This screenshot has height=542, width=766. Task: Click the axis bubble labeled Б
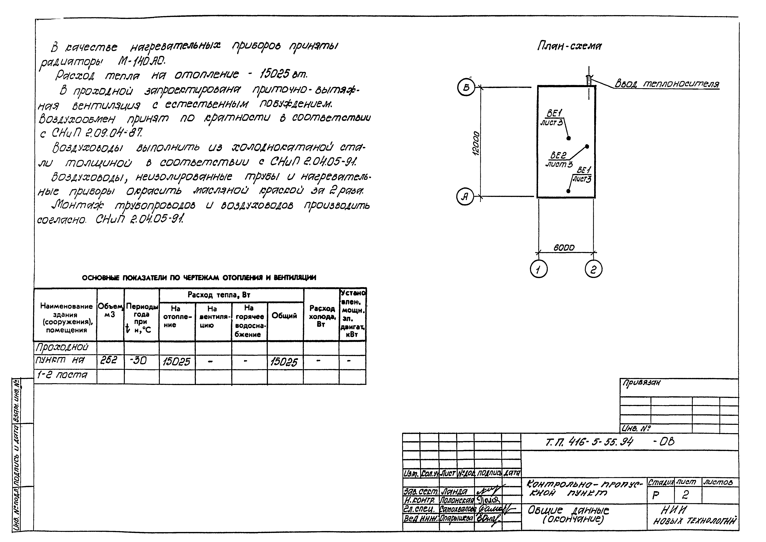click(x=466, y=87)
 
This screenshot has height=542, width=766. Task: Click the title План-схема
click(x=569, y=46)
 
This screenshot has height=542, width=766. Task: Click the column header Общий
click(x=284, y=316)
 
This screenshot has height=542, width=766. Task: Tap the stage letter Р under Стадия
click(x=656, y=496)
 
